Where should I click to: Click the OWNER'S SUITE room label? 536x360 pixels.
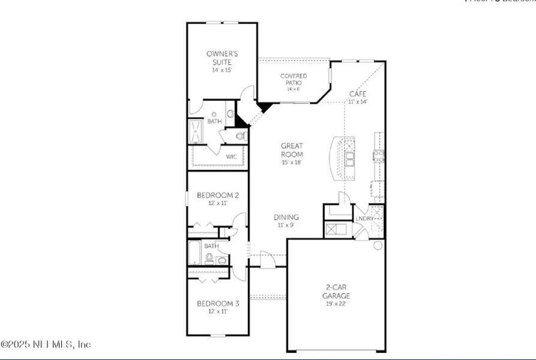coord(221,58)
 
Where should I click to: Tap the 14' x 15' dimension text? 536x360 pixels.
coord(221,70)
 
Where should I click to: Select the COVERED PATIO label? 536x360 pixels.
coord(294,79)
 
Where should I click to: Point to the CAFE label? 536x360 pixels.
coord(358,94)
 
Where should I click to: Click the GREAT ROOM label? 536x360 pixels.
coord(292,149)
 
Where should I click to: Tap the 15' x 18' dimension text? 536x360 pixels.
coord(292,162)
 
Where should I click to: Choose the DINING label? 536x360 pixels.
coord(286,217)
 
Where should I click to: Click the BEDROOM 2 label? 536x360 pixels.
coord(218,195)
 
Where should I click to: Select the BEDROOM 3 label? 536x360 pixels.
coord(218,304)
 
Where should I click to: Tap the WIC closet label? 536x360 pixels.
coord(231,157)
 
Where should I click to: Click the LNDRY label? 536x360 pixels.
coord(364,218)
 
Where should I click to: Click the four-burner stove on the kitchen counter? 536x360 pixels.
coord(379,157)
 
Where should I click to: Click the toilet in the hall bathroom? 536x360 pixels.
coord(209,259)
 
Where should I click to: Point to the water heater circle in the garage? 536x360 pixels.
coord(378,245)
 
